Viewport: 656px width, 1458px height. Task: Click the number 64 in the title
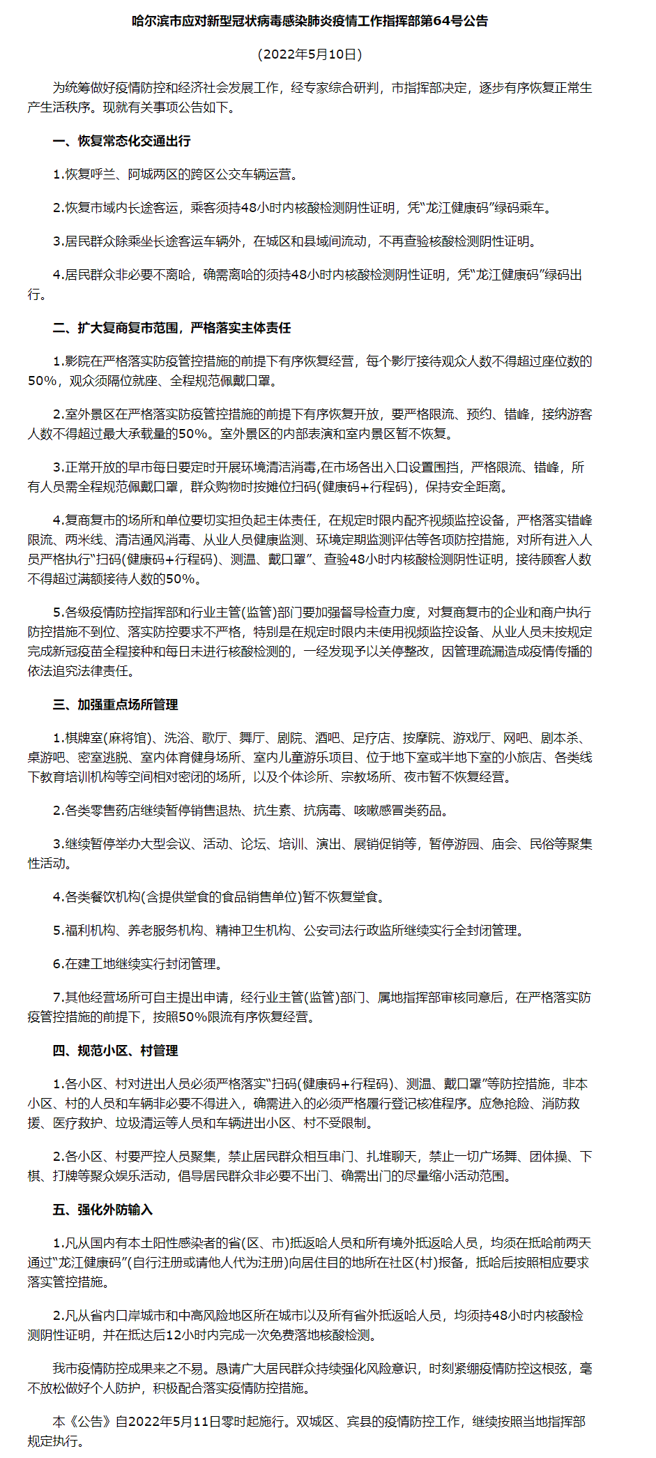pyautogui.click(x=443, y=22)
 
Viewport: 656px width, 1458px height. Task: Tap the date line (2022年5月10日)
pyautogui.click(x=310, y=54)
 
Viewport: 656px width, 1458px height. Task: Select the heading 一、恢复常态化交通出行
pyautogui.click(x=121, y=141)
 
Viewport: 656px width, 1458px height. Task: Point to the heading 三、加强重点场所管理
pyautogui.click(x=115, y=705)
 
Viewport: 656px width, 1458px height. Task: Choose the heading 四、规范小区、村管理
pyautogui.click(x=115, y=1051)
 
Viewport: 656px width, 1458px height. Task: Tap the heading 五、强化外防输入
pyautogui.click(x=102, y=1210)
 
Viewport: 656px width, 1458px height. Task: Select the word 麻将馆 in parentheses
pyautogui.click(x=128, y=738)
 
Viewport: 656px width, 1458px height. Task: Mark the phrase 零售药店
pyautogui.click(x=115, y=811)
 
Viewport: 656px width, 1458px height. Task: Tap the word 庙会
pyautogui.click(x=504, y=844)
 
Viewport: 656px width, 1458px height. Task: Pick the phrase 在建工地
pyautogui.click(x=90, y=964)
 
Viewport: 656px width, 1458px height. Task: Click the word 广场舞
pyautogui.click(x=498, y=1157)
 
